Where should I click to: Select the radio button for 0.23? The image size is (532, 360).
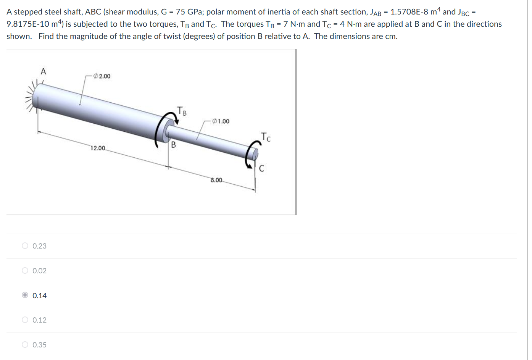pyautogui.click(x=25, y=246)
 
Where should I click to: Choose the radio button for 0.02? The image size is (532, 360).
pyautogui.click(x=25, y=271)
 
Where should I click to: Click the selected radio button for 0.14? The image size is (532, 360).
pyautogui.click(x=25, y=295)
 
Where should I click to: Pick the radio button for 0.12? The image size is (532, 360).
pyautogui.click(x=25, y=320)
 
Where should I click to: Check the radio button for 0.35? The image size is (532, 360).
pyautogui.click(x=25, y=345)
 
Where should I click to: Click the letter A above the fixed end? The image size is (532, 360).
pyautogui.click(x=43, y=71)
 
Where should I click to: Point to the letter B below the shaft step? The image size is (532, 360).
pyautogui.click(x=173, y=145)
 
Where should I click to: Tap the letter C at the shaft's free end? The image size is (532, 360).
pyautogui.click(x=261, y=168)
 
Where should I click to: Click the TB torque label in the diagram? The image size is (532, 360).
pyautogui.click(x=182, y=111)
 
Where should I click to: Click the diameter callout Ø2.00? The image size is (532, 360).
pyautogui.click(x=102, y=76)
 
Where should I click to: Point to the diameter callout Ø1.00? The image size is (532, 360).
pyautogui.click(x=221, y=121)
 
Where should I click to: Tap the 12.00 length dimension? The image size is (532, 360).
pyautogui.click(x=98, y=148)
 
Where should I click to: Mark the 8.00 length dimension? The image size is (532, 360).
pyautogui.click(x=216, y=180)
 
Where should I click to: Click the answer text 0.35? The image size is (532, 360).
pyautogui.click(x=39, y=345)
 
